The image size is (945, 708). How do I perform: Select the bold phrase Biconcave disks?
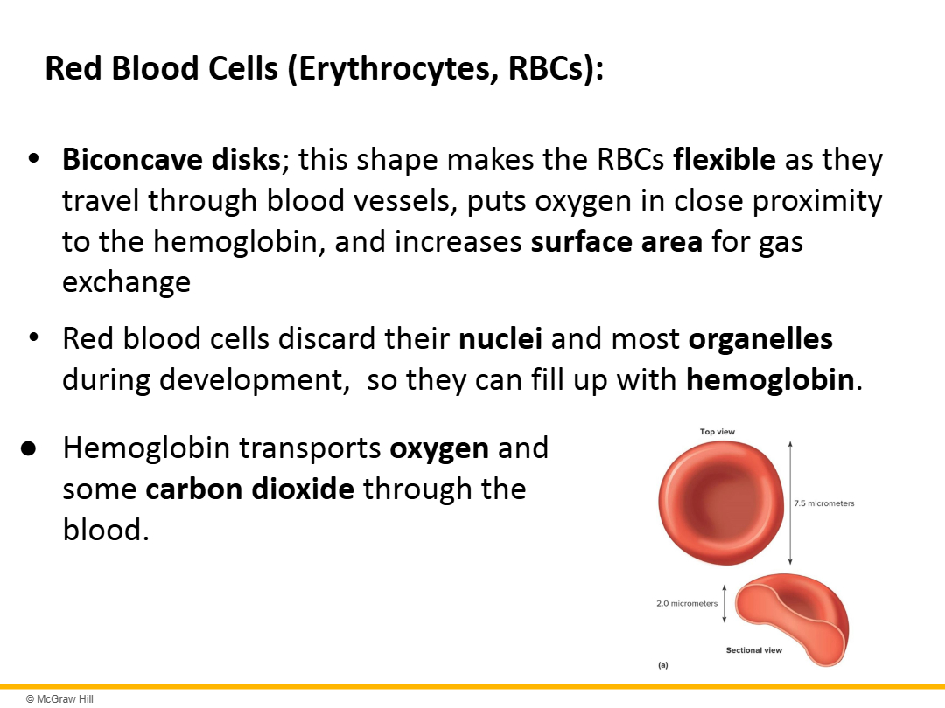pos(171,160)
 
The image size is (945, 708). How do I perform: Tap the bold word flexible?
pos(724,160)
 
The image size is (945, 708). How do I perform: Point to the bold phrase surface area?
pos(617,241)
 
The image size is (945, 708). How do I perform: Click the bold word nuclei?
pos(500,338)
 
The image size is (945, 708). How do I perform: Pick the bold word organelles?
pos(760,339)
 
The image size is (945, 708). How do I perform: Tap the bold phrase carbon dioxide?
pos(249,489)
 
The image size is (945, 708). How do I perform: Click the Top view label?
pos(717,432)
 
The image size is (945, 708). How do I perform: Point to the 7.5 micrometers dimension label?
pos(824,503)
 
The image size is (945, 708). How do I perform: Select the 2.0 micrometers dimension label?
pos(687,603)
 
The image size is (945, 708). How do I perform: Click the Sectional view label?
pos(754,650)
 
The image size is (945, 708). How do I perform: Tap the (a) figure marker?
pos(663,665)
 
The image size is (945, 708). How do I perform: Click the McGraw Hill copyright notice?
pos(59,699)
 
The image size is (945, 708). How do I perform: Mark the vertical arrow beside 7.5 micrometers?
pos(790,503)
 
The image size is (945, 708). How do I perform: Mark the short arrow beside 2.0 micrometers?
pos(724,602)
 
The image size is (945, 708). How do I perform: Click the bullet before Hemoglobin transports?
pos(28,449)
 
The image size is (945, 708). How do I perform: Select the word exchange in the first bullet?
pos(127,282)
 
